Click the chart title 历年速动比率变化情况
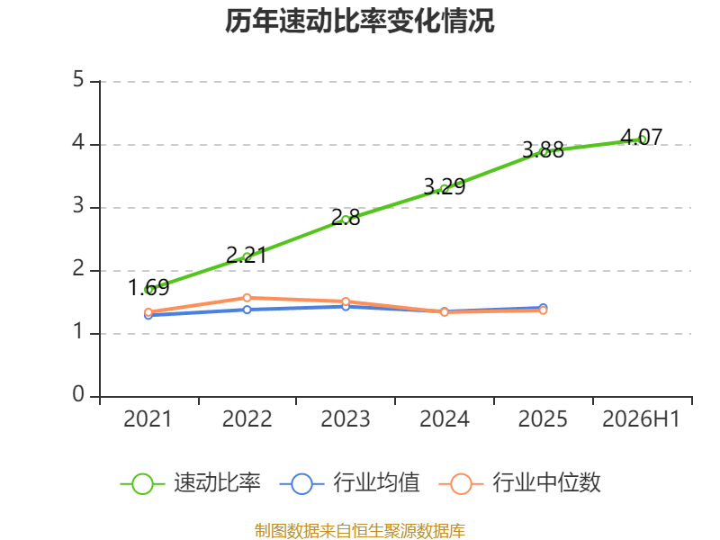click(x=359, y=21)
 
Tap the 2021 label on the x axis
click(x=148, y=418)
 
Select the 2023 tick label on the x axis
click(x=346, y=418)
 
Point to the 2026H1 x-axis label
click(x=641, y=418)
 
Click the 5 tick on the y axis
click(x=78, y=79)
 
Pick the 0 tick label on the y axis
click(x=78, y=394)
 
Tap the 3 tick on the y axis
click(x=78, y=205)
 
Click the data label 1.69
click(x=148, y=288)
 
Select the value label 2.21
click(x=247, y=256)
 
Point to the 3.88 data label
click(x=544, y=150)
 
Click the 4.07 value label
click(x=642, y=138)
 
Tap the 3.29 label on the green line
click(x=445, y=187)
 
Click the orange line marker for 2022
click(x=247, y=298)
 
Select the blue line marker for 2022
click(x=247, y=310)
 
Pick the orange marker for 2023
click(x=346, y=301)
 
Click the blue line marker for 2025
click(x=544, y=307)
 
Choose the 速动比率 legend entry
click(x=190, y=483)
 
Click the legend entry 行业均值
click(x=349, y=483)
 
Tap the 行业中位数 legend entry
click(x=519, y=483)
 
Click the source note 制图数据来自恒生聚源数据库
click(x=359, y=531)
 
